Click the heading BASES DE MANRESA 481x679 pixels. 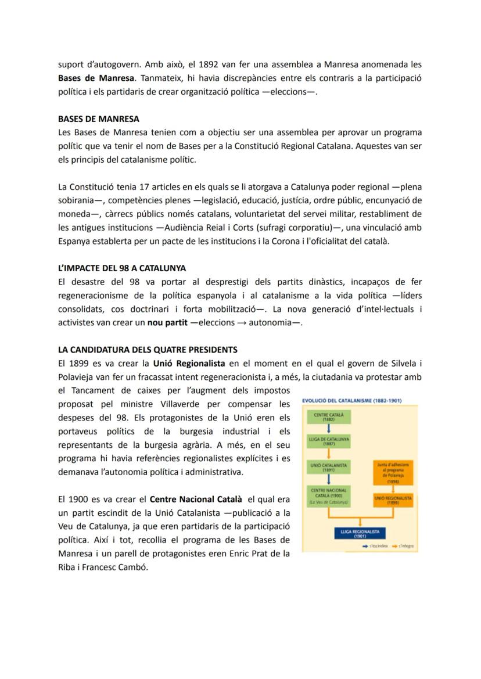click(x=98, y=119)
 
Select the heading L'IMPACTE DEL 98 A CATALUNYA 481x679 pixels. click(x=122, y=268)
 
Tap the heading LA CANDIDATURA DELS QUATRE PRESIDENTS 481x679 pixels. click(x=148, y=350)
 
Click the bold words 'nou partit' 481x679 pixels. click(x=168, y=323)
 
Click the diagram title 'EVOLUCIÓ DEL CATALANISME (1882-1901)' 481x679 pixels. click(x=352, y=400)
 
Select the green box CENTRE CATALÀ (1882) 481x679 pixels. click(x=329, y=417)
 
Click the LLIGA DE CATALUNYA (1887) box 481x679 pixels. click(x=329, y=441)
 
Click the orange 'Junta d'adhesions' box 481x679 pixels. click(x=393, y=473)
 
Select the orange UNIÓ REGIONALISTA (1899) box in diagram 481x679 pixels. click(x=393, y=500)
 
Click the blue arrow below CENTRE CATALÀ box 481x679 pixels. click(x=329, y=429)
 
